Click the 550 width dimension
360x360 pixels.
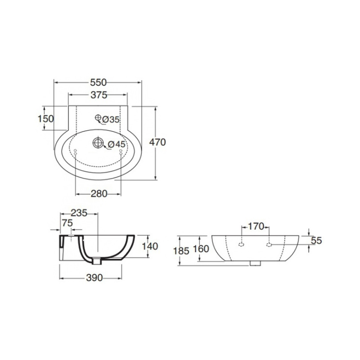pyautogui.click(x=98, y=82)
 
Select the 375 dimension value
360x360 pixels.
pyautogui.click(x=99, y=95)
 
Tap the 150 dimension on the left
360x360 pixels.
pyautogui.click(x=46, y=119)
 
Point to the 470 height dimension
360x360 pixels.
pyautogui.click(x=158, y=142)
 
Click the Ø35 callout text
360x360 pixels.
pyautogui.click(x=111, y=120)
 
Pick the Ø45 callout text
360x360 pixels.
pyautogui.click(x=117, y=144)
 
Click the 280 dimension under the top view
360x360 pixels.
pyautogui.click(x=99, y=194)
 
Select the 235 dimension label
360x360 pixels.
pyautogui.click(x=79, y=213)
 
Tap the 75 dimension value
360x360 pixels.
pyautogui.click(x=67, y=223)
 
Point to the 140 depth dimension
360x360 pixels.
pyautogui.click(x=150, y=246)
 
